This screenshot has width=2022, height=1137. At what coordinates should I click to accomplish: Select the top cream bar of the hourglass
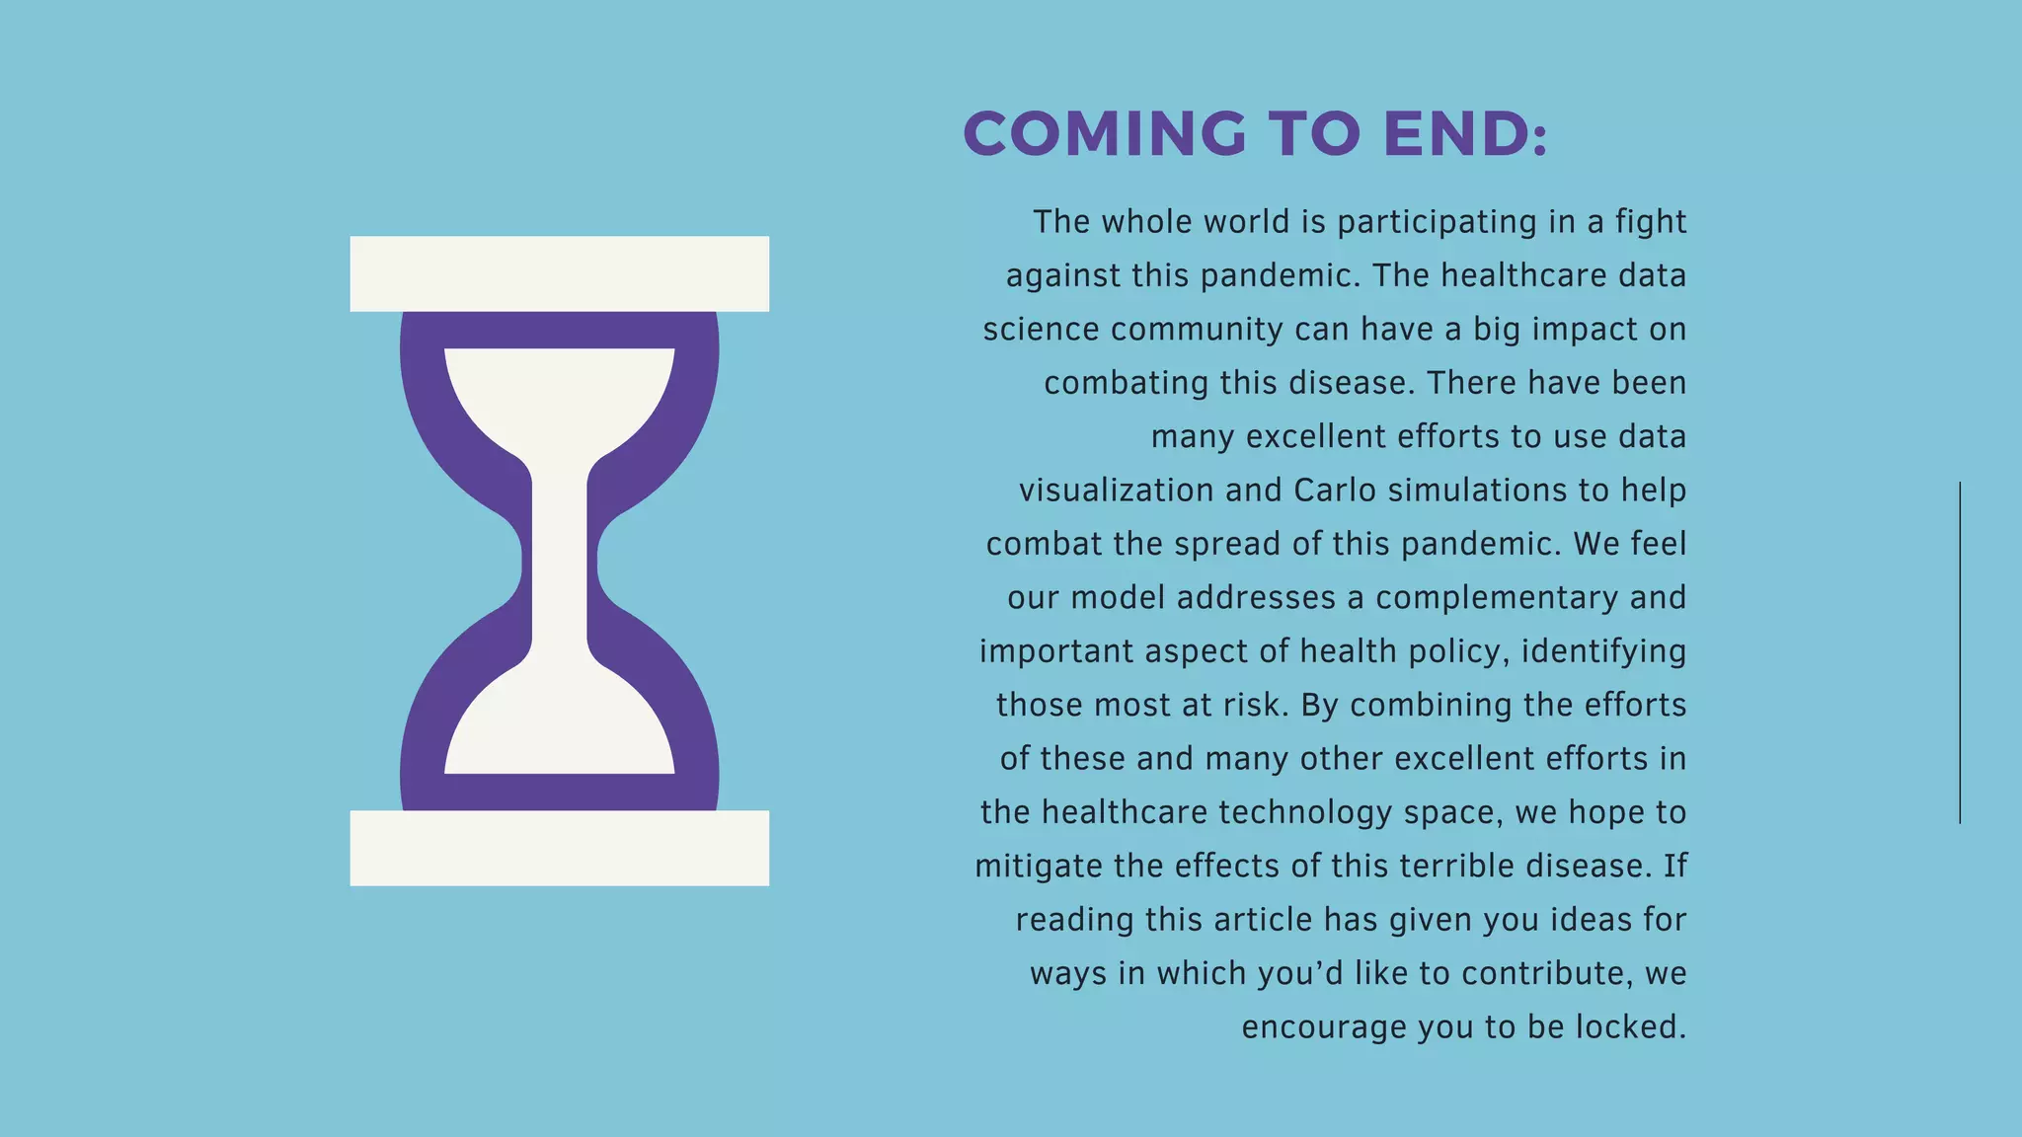(x=559, y=273)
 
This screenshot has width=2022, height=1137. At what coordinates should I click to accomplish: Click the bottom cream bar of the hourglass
(x=559, y=848)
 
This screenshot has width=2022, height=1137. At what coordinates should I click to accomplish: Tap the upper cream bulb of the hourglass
(x=559, y=395)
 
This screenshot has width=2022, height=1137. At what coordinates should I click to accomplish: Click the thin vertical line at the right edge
(x=1960, y=651)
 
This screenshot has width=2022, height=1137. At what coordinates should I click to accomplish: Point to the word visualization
(x=1117, y=491)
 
